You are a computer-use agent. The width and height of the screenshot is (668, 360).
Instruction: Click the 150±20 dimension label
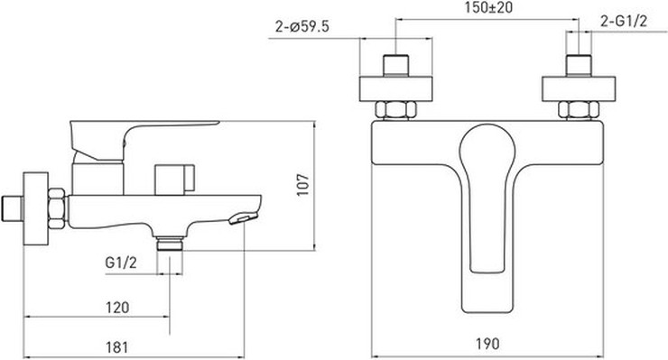488,7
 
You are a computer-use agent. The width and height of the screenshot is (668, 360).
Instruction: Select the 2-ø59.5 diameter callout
302,27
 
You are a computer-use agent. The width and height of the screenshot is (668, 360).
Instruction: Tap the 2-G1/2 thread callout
624,21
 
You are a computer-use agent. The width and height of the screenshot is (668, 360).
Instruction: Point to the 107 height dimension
303,184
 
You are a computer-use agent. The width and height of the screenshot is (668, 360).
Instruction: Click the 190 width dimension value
487,344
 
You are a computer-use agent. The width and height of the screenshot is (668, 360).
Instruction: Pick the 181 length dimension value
116,346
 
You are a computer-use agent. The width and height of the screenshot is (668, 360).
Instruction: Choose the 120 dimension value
117,307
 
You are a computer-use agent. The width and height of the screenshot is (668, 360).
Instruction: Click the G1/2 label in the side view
121,263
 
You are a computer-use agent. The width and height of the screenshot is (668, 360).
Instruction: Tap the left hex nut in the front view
395,110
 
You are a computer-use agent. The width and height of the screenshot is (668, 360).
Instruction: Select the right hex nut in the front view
579,110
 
